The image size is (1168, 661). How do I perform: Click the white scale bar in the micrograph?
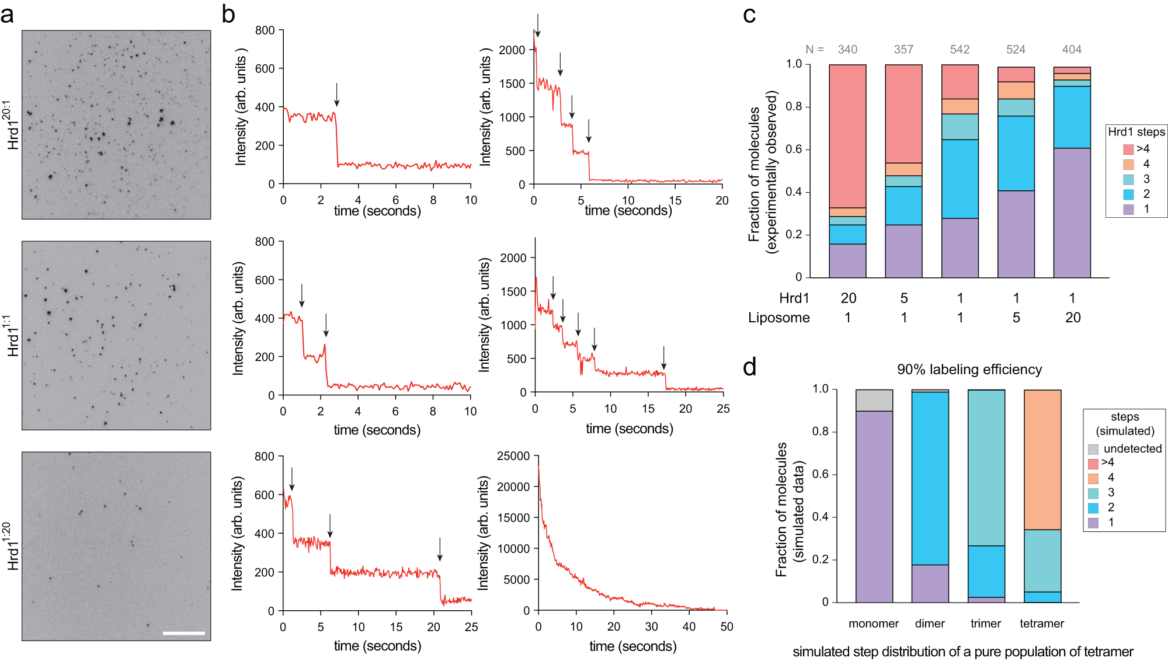point(183,633)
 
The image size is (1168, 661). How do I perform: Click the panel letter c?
point(749,15)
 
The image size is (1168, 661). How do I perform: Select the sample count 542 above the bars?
point(960,50)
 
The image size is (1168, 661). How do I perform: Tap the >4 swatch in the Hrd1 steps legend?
point(1128,149)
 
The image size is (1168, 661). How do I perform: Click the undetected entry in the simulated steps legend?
point(1132,448)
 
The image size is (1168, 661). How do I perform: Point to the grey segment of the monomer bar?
point(874,401)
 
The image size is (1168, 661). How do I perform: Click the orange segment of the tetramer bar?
point(1042,460)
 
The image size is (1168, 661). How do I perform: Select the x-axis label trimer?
point(985,624)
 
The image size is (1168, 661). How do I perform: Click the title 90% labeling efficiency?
point(969,370)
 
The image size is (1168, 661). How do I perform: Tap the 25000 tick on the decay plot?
point(513,456)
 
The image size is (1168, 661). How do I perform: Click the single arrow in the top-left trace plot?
point(336,95)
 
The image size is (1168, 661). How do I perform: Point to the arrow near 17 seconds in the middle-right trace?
point(663,358)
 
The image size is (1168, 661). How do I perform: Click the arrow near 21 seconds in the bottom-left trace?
point(440,549)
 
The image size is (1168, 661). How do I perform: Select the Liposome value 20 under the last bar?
point(1072,318)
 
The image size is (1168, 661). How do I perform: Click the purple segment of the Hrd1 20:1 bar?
point(847,260)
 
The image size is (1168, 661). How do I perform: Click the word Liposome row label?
point(778,318)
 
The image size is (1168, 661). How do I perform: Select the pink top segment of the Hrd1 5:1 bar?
point(903,114)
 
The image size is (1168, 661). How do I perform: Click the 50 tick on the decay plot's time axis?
point(726,627)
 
